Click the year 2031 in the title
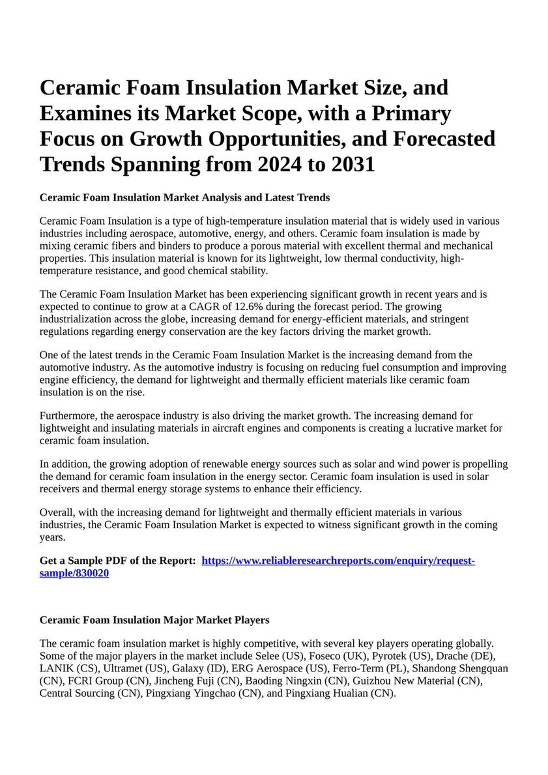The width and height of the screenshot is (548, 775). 353,164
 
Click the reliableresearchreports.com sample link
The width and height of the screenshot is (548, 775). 338,561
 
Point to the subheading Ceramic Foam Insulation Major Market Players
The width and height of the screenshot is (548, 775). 154,619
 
